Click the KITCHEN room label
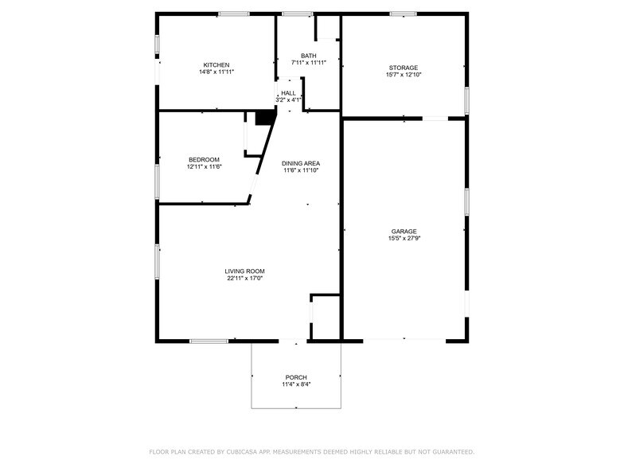click(216, 65)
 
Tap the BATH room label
click(308, 56)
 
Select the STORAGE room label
click(403, 68)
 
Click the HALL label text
click(288, 93)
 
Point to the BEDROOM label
click(204, 159)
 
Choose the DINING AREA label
click(301, 163)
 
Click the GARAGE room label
click(404, 231)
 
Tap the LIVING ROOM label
click(244, 271)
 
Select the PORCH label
click(296, 377)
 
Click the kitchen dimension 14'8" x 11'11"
click(216, 72)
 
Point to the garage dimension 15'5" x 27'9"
click(404, 238)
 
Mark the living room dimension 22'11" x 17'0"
click(244, 279)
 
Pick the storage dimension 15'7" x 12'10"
click(403, 75)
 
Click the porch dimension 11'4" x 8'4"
click(296, 384)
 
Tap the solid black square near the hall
click(264, 117)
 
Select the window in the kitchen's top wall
click(233, 14)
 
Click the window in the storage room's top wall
click(403, 14)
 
